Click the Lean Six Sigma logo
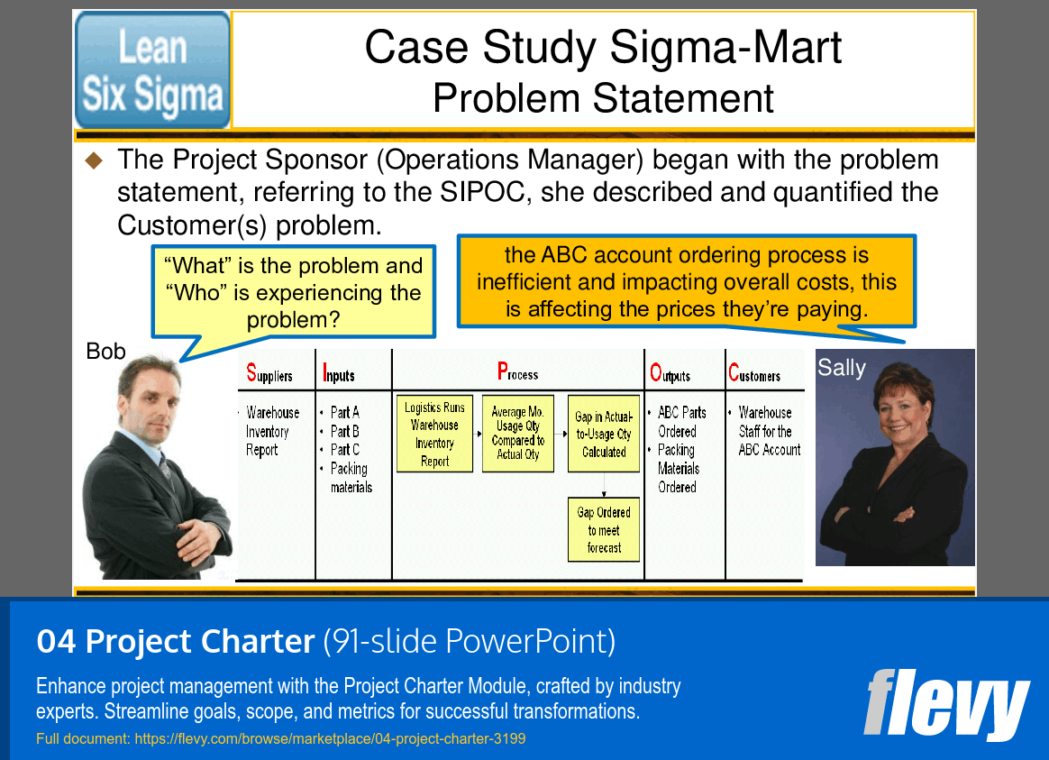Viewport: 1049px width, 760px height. tap(152, 70)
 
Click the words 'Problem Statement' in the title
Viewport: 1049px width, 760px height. tap(603, 98)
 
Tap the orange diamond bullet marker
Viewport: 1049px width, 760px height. tap(95, 161)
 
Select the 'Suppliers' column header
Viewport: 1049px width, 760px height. tap(269, 373)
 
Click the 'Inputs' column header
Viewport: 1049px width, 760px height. tap(339, 374)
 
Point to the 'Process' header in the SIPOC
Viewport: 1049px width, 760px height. tap(517, 372)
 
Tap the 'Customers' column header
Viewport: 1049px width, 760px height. tap(754, 374)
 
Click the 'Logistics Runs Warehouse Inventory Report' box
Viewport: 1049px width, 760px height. tap(434, 434)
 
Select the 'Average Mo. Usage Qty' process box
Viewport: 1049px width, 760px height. tap(517, 434)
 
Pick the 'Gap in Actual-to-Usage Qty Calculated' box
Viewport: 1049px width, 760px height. tap(604, 434)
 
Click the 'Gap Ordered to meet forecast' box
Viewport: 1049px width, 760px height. tap(604, 530)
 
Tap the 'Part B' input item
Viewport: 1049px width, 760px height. tap(344, 431)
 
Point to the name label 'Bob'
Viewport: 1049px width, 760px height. tap(105, 352)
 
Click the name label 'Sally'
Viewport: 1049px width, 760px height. tap(841, 368)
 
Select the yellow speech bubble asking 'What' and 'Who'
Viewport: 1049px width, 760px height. tap(293, 292)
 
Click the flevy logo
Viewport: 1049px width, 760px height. tap(945, 703)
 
